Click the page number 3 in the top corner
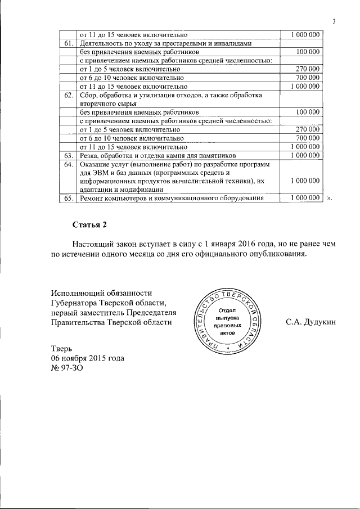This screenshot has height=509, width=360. pos(334,21)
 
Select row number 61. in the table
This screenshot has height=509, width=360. pos(68,43)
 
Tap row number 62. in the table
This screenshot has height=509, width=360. pos(68,95)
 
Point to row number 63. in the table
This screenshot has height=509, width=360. pos(68,155)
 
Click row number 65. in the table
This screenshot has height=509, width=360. pos(68,198)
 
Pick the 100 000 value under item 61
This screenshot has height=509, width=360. pos(308,52)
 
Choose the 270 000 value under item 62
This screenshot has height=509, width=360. pos(308,129)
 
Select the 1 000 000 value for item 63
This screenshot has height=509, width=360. pos(304,155)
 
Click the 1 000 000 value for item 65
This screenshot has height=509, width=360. pos(304,198)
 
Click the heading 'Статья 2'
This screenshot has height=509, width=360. pos(89,225)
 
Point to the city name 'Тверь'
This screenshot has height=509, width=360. pos(62,349)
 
